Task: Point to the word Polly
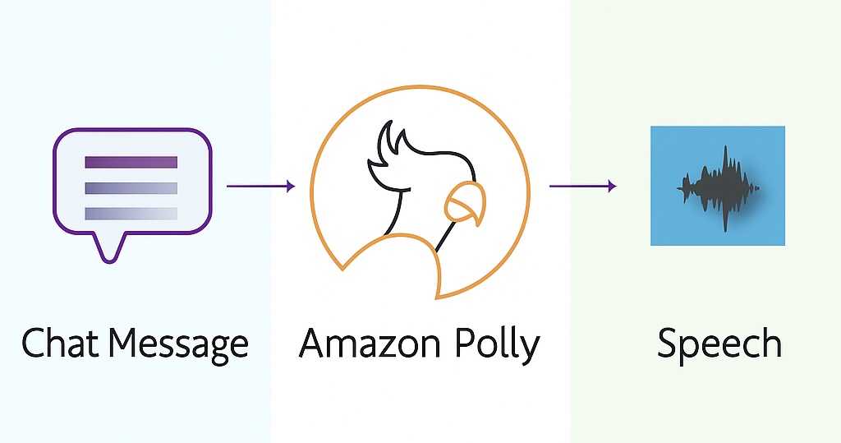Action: pos(497,344)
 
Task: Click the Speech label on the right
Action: pos(719,344)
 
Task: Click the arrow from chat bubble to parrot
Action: pos(260,187)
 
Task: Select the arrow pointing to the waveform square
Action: pos(582,187)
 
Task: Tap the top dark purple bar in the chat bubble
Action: pos(131,162)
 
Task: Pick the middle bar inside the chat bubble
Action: pos(131,188)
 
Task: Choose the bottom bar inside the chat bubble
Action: pos(131,213)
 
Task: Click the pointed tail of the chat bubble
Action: pos(109,250)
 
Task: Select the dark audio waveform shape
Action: pos(719,188)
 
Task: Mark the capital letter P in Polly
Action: pos(466,342)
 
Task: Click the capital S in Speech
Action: pos(669,343)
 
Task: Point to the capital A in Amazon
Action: pos(314,342)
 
